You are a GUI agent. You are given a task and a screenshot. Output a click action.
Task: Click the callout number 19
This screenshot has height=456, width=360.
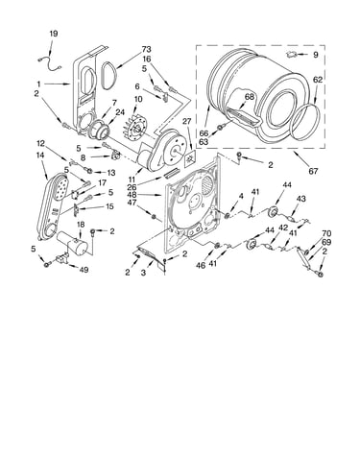click(x=54, y=34)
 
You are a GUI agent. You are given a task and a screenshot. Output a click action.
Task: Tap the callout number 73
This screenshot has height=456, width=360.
click(x=146, y=50)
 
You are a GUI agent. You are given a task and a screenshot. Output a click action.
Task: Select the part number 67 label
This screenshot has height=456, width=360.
click(x=313, y=171)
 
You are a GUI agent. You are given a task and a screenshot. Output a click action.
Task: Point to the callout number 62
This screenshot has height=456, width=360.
click(x=318, y=80)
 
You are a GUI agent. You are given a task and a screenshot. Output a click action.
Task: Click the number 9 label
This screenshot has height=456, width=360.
click(x=316, y=55)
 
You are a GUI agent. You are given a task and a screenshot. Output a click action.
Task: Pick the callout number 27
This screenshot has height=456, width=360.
click(x=187, y=121)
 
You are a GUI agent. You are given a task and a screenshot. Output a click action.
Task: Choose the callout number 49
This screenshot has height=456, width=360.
click(x=84, y=270)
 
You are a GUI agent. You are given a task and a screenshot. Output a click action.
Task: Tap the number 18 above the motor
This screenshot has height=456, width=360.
click(x=80, y=225)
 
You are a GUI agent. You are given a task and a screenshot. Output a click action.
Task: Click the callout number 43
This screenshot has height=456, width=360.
click(x=300, y=199)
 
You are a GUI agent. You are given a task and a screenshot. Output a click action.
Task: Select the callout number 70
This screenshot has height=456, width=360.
click(x=326, y=234)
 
